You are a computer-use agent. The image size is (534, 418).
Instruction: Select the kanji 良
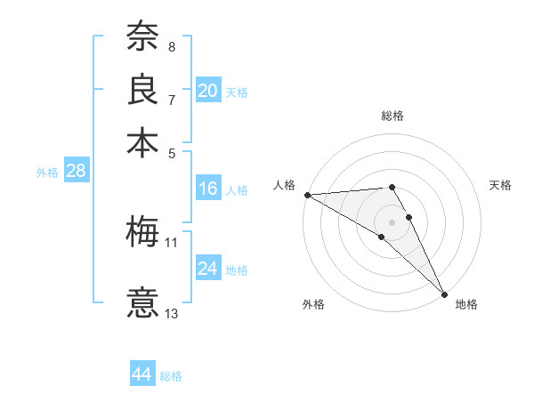(142, 89)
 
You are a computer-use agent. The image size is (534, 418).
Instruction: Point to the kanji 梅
(142, 232)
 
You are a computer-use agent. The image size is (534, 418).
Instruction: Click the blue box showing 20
(208, 91)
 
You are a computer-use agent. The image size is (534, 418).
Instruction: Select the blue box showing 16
(208, 189)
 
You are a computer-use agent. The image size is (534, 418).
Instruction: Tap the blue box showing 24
(208, 269)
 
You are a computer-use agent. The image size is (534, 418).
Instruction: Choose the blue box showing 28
(76, 172)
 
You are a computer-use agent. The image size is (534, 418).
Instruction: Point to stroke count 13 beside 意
(172, 313)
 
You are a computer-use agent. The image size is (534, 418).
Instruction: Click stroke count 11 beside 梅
(172, 242)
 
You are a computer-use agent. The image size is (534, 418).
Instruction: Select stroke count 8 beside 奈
(172, 47)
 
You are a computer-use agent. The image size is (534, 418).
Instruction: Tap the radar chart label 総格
(392, 116)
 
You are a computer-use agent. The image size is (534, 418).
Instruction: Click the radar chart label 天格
(500, 185)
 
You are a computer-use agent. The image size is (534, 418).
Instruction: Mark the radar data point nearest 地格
(443, 294)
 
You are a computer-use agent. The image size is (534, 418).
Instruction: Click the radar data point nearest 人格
(307, 195)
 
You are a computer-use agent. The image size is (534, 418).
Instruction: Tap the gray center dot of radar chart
(392, 221)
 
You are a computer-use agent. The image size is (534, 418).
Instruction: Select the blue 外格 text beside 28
(46, 173)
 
